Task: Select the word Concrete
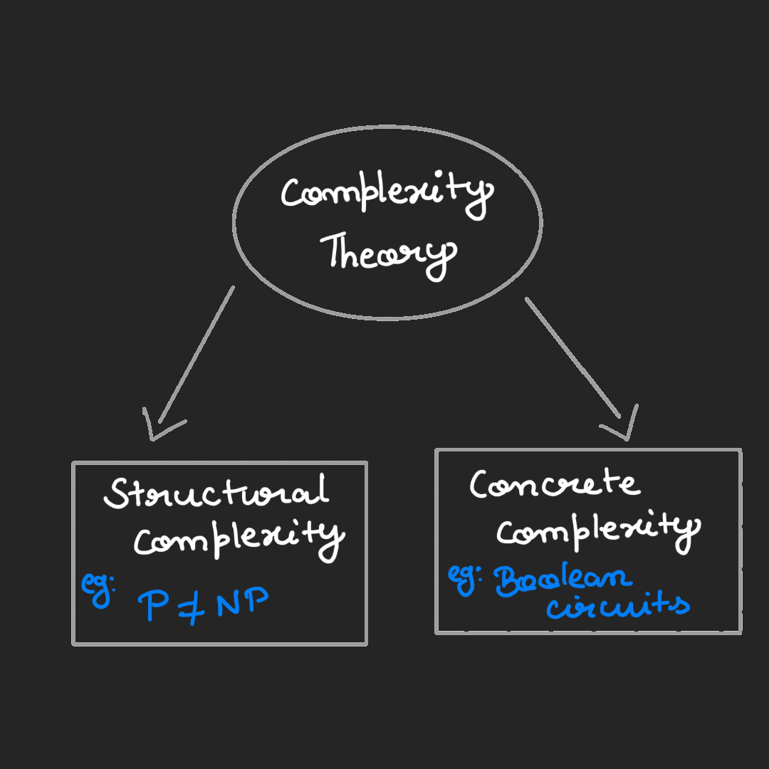pyautogui.click(x=554, y=485)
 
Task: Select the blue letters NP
pyautogui.click(x=242, y=604)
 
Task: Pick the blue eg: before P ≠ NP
pyautogui.click(x=96, y=588)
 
